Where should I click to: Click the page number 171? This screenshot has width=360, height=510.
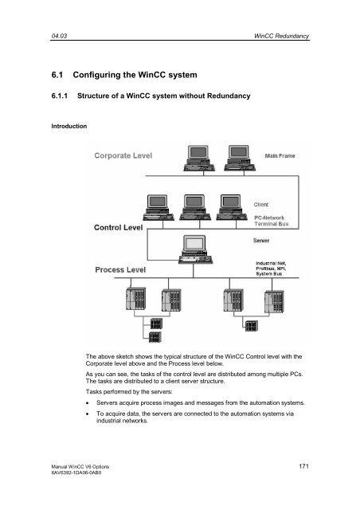pos(303,466)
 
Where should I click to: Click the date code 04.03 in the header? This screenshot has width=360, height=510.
pos(59,36)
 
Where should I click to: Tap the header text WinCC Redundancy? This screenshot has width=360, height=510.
pos(281,36)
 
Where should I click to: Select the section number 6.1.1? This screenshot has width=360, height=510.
pos(60,96)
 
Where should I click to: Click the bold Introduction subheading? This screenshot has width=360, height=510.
pos(69,126)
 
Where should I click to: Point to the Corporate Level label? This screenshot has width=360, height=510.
pos(123,155)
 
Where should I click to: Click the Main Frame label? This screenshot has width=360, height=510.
pos(280,156)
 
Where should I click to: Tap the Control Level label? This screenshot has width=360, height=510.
pos(118,227)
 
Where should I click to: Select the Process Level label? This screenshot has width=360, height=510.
pos(120,269)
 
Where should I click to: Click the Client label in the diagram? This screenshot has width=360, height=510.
pos(260,205)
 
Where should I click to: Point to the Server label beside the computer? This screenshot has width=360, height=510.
pos(260,241)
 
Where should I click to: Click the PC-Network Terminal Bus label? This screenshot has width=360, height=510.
pos(272,221)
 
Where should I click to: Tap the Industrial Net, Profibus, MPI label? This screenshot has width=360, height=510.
pos(271,269)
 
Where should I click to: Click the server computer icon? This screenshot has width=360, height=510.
pos(195,249)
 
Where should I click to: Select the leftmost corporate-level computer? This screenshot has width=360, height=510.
pos(199,158)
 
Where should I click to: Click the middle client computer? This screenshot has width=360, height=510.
pos(195,207)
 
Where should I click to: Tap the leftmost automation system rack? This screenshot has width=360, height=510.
pos(135,299)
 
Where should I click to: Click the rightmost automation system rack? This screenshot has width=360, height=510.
pos(274,301)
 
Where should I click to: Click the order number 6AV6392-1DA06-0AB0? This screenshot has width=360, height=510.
pos(76,473)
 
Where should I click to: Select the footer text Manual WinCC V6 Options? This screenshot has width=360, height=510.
pos(80,466)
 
